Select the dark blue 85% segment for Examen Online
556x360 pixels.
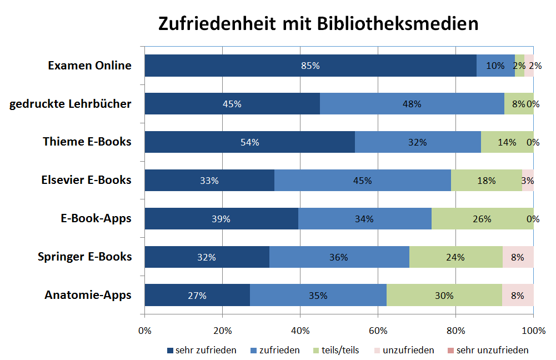pos(310,66)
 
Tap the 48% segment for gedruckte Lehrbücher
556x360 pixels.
pos(412,104)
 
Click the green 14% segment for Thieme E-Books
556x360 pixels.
pos(507,142)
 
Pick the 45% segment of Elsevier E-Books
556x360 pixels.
pos(363,181)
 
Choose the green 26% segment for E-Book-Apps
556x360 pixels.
pos(482,219)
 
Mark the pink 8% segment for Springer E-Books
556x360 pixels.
pos(518,257)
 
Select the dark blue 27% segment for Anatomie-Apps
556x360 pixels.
pos(197,296)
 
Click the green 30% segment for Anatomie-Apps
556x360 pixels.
pos(444,296)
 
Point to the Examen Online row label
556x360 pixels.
pos(89,66)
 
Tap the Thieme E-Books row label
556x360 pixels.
pos(87,142)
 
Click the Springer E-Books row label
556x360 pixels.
pos(85,257)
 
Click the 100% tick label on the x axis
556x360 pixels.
pos(533,331)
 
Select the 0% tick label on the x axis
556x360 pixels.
pos(144,331)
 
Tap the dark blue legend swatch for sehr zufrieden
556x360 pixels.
pos(171,351)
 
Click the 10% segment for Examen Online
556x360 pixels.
pos(495,66)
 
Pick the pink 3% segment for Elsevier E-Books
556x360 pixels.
pos(528,181)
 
